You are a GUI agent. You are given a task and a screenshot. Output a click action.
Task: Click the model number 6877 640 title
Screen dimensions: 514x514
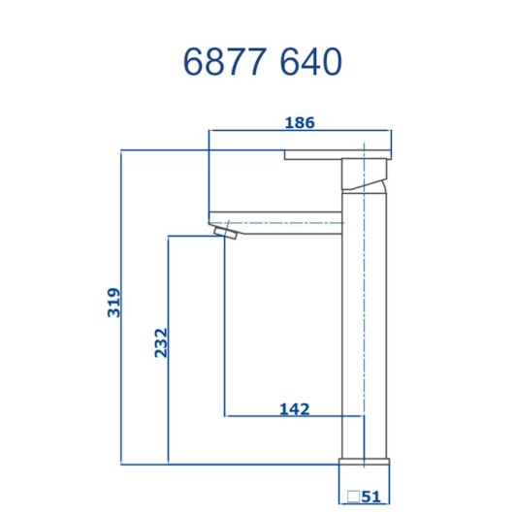click(263, 62)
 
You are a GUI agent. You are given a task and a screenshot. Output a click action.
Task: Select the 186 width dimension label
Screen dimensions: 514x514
click(300, 123)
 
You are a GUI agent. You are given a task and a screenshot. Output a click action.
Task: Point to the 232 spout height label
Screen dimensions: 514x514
click(160, 343)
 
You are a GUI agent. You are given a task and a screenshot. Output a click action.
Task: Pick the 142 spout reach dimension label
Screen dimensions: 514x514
click(294, 408)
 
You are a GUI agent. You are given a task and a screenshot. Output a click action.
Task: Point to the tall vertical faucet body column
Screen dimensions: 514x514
click(365, 320)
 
